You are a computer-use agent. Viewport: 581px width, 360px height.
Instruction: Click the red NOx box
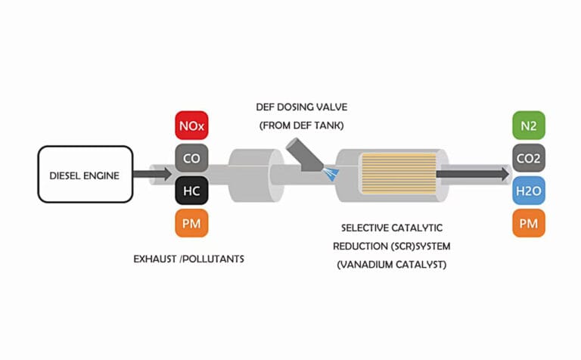pyautogui.click(x=191, y=126)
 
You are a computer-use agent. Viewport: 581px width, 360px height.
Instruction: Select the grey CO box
pyautogui.click(x=191, y=159)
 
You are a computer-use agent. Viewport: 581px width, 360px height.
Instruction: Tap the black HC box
pyautogui.click(x=191, y=191)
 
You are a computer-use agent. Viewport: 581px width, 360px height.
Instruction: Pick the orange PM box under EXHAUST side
pyautogui.click(x=191, y=224)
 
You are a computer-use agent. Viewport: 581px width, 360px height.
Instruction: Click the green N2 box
pyautogui.click(x=529, y=126)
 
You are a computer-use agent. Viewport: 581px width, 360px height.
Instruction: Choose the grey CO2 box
pyautogui.click(x=529, y=159)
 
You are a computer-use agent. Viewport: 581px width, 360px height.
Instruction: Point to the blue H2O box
pyautogui.click(x=529, y=191)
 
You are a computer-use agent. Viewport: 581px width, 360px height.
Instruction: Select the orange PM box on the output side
pyautogui.click(x=529, y=224)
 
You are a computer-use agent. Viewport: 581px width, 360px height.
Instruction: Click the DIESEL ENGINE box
pyautogui.click(x=85, y=174)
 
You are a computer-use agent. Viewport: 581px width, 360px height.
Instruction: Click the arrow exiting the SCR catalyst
pyautogui.click(x=473, y=174)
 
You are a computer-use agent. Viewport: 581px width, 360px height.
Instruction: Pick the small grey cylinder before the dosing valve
pyautogui.click(x=250, y=174)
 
